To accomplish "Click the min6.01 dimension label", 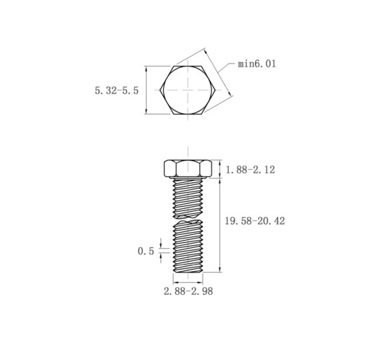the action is pyautogui.click(x=257, y=64).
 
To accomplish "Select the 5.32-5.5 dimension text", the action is pyautogui.click(x=117, y=91).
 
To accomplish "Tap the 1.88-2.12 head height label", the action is pyautogui.click(x=250, y=170).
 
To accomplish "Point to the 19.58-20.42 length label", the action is pyautogui.click(x=255, y=221).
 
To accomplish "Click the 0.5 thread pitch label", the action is pyautogui.click(x=146, y=252).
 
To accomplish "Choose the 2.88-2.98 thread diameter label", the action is pyautogui.click(x=188, y=291).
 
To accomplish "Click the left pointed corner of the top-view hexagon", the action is pyautogui.click(x=160, y=90).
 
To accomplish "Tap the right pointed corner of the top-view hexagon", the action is pyautogui.click(x=215, y=90).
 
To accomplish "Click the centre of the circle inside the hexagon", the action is pyautogui.click(x=188, y=90).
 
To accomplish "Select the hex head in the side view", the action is pyautogui.click(x=188, y=168).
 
